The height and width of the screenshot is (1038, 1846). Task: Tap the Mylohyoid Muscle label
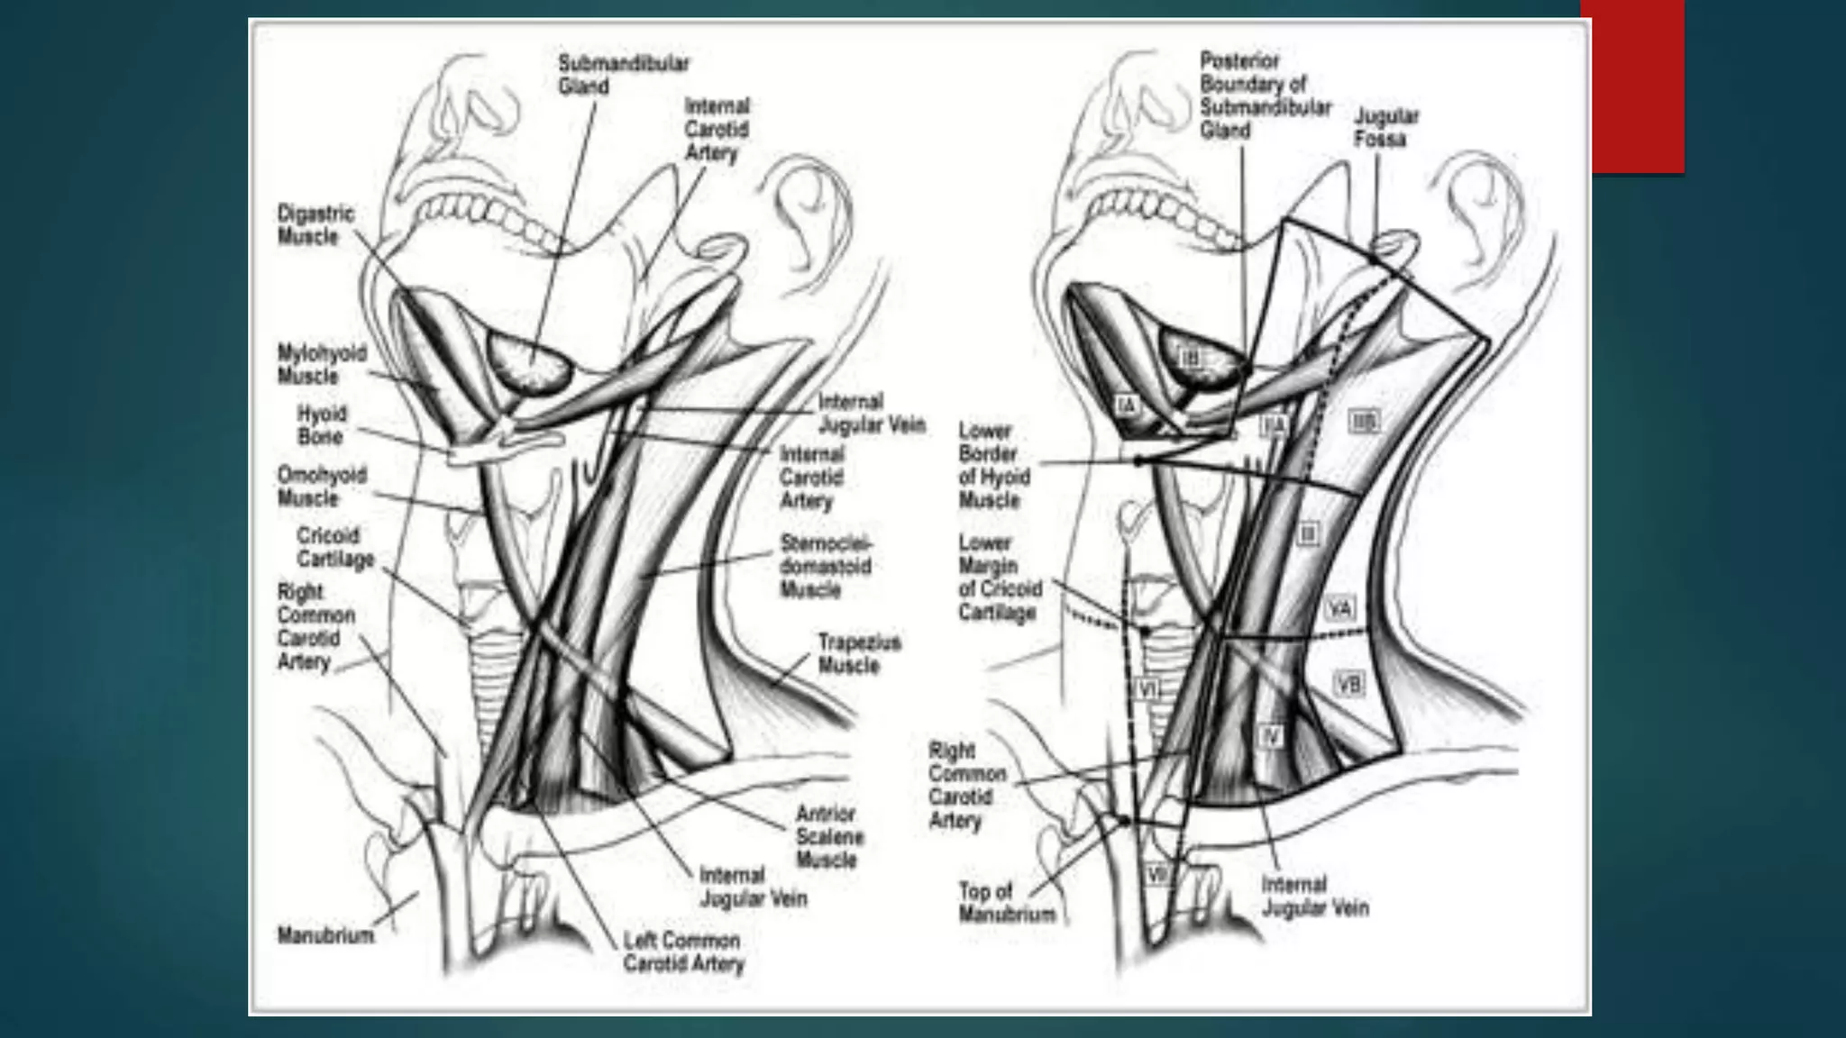click(x=322, y=364)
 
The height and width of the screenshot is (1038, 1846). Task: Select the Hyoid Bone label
click(x=321, y=425)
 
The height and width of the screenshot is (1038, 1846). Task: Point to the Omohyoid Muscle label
click(x=322, y=487)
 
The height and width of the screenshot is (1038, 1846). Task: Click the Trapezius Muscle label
click(x=859, y=654)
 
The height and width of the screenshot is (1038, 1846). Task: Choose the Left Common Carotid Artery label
click(x=682, y=951)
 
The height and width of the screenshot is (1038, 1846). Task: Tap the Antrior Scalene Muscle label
click(x=829, y=837)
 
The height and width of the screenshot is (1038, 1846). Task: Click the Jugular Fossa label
click(x=1385, y=128)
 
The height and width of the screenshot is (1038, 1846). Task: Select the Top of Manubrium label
click(x=1006, y=903)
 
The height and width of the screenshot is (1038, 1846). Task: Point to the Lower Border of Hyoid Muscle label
click(x=993, y=465)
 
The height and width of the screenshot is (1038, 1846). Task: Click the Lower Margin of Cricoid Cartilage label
click(x=1000, y=578)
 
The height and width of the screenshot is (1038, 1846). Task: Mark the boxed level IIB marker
click(x=1364, y=420)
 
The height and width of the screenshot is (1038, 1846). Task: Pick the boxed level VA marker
click(x=1340, y=610)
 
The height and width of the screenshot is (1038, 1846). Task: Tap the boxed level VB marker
click(x=1348, y=685)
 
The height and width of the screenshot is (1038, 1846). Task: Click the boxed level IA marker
click(x=1127, y=405)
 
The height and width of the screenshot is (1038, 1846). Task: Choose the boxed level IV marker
click(x=1269, y=736)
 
